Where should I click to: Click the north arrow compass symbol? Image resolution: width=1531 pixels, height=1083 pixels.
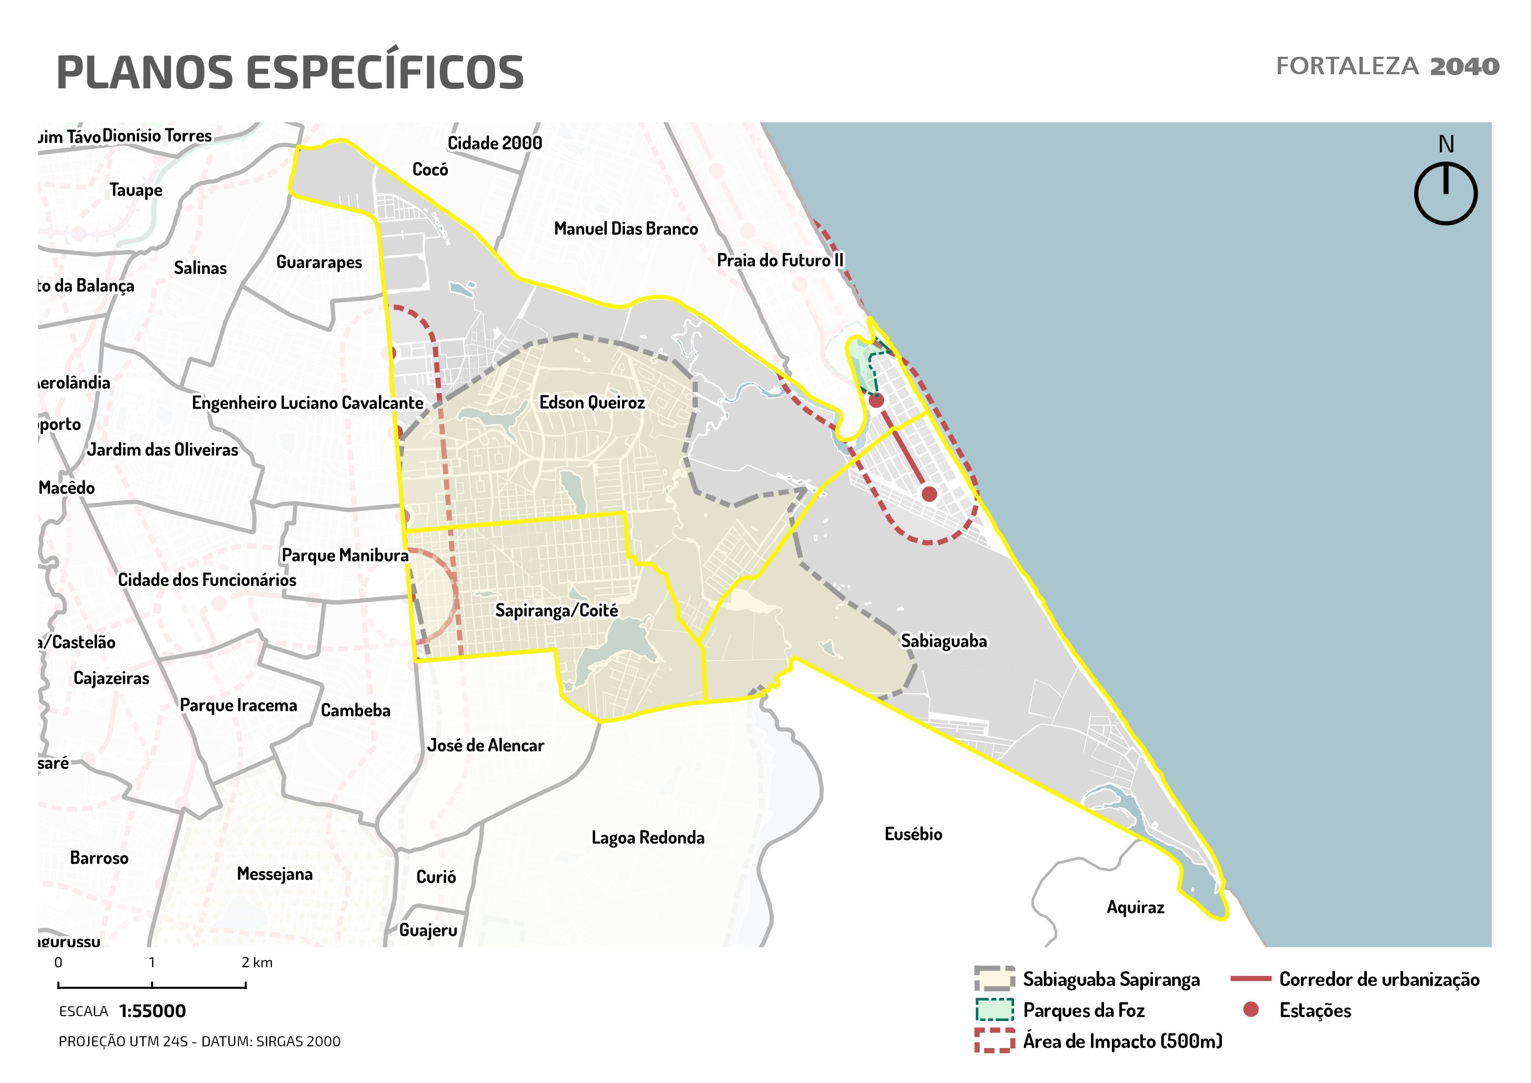point(1445,193)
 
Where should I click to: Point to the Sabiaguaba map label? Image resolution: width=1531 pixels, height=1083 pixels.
point(943,642)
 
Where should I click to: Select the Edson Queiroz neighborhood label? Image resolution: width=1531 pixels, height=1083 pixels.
point(592,403)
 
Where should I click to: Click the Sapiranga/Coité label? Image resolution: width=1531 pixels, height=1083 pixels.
point(556,611)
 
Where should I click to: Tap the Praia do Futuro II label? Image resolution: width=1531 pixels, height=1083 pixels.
point(780,260)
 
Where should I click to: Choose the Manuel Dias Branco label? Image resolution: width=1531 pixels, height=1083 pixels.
point(626,229)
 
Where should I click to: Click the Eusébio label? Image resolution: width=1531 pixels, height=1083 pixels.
point(913,834)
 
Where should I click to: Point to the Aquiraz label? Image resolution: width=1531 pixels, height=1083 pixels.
point(1135,907)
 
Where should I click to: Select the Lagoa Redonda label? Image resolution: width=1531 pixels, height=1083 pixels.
point(647,838)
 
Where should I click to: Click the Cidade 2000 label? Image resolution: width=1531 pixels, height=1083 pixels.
point(494,143)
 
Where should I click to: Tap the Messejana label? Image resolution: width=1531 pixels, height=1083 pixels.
point(274,874)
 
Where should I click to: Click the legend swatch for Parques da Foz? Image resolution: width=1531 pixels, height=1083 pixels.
point(994,1011)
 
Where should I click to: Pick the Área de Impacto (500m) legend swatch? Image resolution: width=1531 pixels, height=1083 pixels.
point(994,1041)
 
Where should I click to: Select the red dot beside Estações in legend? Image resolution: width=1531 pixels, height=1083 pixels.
point(1251,1010)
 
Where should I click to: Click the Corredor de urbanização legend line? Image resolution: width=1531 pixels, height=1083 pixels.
point(1250,979)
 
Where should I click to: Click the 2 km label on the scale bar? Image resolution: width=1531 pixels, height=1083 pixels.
point(257,962)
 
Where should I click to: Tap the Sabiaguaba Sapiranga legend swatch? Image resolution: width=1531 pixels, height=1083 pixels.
point(994,979)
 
